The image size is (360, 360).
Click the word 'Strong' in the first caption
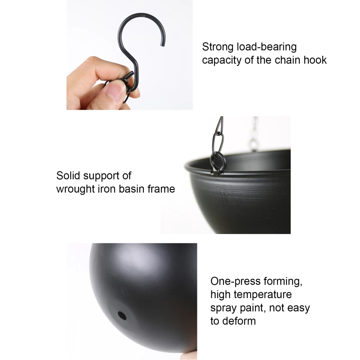217,47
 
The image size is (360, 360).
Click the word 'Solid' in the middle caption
68,176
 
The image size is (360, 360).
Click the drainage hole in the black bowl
122,316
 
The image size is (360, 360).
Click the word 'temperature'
263,294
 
